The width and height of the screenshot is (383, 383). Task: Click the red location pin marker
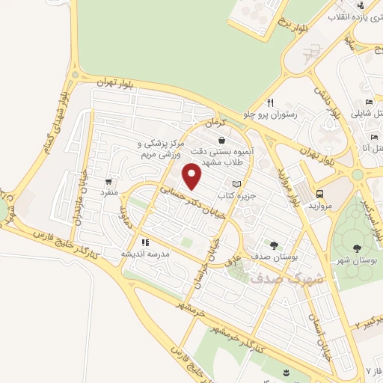coord(193,177)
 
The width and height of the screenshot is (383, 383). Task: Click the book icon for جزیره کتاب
coord(237,183)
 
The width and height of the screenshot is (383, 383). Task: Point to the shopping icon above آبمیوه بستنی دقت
coord(221,139)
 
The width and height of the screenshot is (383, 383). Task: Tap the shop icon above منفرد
coord(110,181)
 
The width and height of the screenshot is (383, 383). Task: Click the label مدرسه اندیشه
coord(147,254)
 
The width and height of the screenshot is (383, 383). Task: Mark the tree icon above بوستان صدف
coord(274,245)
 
